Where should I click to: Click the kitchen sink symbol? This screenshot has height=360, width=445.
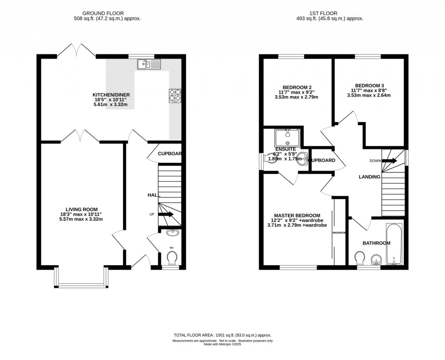(x=148, y=64)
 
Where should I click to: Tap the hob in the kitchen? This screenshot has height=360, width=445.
(x=175, y=96)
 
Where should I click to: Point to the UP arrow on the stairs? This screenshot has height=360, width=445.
(x=166, y=215)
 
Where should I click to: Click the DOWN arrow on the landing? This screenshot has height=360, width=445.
(x=389, y=161)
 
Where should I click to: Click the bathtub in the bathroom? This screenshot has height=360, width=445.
(x=394, y=244)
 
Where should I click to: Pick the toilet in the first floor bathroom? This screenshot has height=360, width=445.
(x=360, y=259)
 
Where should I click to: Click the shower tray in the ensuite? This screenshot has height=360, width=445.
(x=287, y=137)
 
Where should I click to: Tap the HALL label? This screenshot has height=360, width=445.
(x=154, y=195)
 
